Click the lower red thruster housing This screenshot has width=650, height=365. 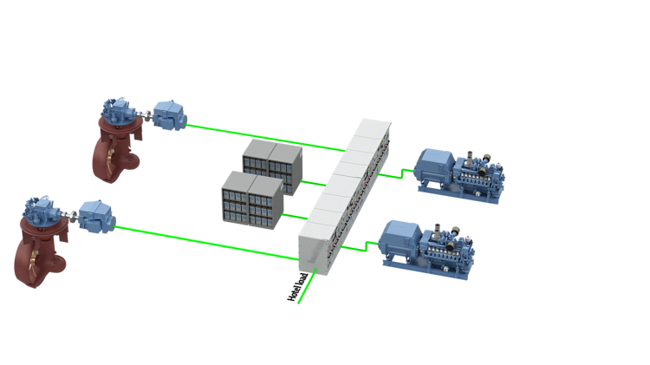tap(35, 256)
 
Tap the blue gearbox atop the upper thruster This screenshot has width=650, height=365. tap(116, 111)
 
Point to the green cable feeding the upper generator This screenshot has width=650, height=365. tap(394, 174)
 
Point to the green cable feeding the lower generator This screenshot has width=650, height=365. tap(360, 247)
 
